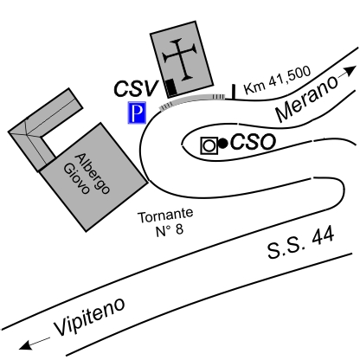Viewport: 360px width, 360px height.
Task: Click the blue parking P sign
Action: pos(138,112)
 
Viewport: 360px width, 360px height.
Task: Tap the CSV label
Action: pos(136,88)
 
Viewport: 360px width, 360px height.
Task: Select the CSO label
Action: pos(254,142)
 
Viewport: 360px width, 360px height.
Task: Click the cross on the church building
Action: pos(180,59)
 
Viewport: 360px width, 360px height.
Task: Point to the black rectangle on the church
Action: pos(171,87)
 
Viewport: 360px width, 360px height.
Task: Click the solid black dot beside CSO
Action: pos(223,144)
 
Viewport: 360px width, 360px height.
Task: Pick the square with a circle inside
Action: pos(209,145)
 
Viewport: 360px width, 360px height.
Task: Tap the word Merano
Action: pos(306,98)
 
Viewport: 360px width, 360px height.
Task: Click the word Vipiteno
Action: pos(90,317)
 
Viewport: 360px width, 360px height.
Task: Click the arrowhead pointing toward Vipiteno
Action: pos(25,345)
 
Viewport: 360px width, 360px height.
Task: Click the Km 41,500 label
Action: pos(278,80)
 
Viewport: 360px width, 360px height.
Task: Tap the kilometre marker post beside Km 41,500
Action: pos(234,92)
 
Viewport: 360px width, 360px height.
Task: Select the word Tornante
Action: pos(165,216)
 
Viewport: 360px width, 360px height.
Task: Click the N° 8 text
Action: pos(170,230)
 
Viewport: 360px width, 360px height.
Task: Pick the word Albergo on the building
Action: pos(93,174)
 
